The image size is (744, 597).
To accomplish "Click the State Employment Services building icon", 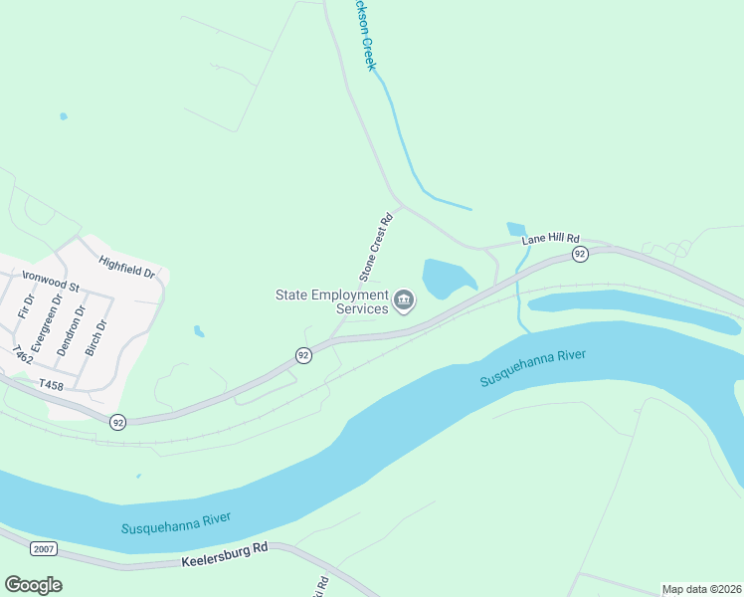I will (404, 300).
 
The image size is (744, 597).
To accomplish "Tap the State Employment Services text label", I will (333, 301).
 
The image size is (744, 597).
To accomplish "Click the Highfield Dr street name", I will (127, 267).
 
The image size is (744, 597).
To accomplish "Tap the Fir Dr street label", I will (27, 305).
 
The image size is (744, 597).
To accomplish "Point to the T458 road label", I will (50, 384).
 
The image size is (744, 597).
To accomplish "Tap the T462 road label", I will (21, 355).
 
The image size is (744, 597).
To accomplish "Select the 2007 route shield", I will (43, 549).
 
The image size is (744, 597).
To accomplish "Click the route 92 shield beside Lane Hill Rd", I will (579, 255).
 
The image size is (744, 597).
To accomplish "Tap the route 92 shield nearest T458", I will (118, 422).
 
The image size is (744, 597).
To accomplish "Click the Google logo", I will (33, 584).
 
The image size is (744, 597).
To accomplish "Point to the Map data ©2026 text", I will (701, 589).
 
